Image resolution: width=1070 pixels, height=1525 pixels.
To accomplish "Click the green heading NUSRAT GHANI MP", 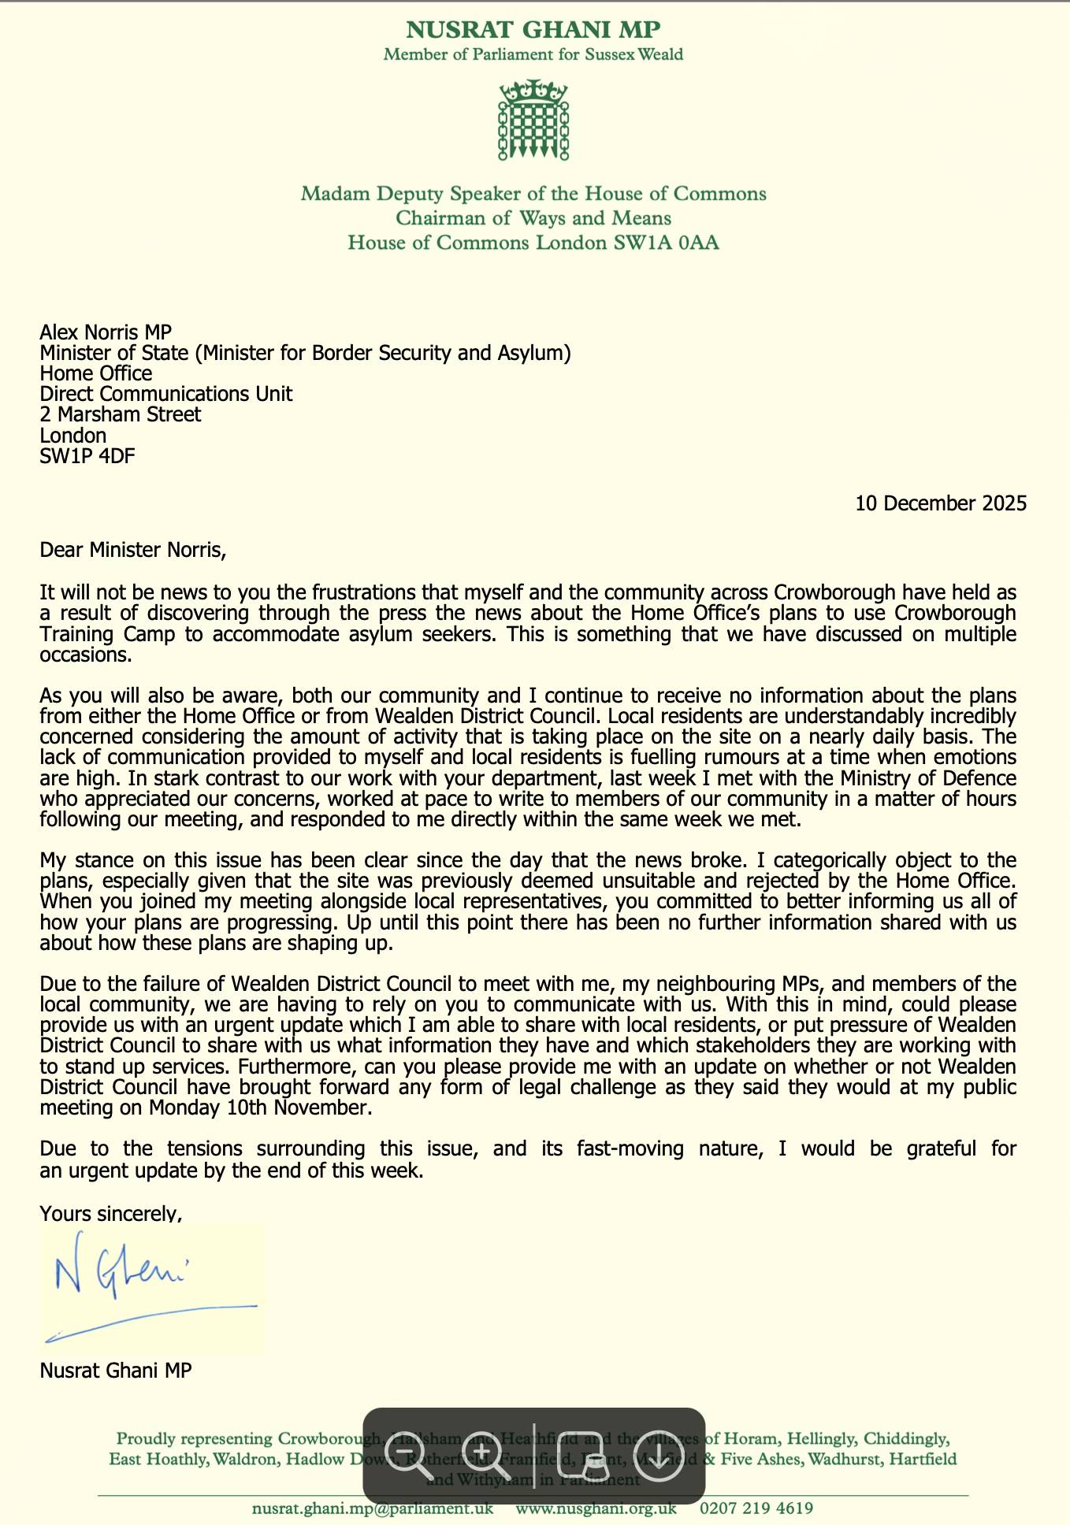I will (533, 30).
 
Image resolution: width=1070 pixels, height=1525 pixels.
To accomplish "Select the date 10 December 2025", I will (941, 503).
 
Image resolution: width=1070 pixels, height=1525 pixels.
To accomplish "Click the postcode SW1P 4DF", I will (87, 455).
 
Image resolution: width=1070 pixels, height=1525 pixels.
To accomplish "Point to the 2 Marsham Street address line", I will (121, 414).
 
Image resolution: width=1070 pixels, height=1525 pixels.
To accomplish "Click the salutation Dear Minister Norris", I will (133, 549).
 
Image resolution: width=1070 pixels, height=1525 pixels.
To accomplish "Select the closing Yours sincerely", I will (110, 1214).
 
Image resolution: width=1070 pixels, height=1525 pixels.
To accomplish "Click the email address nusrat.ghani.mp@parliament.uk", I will (373, 1508).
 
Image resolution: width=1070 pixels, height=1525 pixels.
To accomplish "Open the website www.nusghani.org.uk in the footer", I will (596, 1508).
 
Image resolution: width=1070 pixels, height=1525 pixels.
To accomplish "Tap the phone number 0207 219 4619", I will (756, 1508).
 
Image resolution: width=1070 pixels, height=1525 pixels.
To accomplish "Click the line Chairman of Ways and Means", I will (533, 218).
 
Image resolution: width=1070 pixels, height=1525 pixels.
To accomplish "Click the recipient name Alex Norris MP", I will (106, 332).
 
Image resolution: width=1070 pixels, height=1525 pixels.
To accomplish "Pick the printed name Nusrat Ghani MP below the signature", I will (116, 1371).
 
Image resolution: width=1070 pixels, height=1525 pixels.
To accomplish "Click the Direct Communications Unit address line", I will (166, 394).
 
